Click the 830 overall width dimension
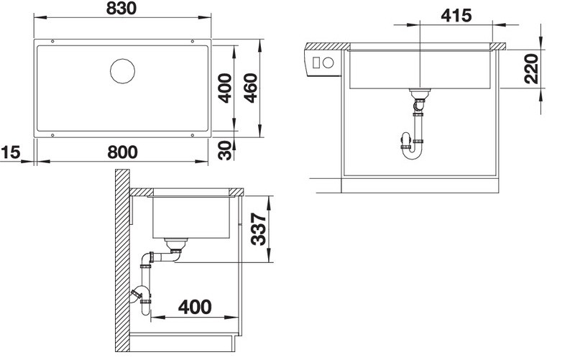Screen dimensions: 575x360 pyautogui.click(x=121, y=9)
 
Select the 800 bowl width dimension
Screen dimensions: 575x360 pyautogui.click(x=122, y=152)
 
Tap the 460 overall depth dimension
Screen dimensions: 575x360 pyautogui.click(x=251, y=88)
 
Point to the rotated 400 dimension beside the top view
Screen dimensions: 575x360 pyautogui.click(x=225, y=88)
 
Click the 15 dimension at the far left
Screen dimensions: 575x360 pyautogui.click(x=10, y=152)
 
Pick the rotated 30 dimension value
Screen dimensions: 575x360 pyautogui.click(x=225, y=150)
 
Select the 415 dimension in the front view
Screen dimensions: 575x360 pyautogui.click(x=456, y=15)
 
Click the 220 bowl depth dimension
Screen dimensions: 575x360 pyautogui.click(x=531, y=68)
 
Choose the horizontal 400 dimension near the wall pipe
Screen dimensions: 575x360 pyautogui.click(x=195, y=308)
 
